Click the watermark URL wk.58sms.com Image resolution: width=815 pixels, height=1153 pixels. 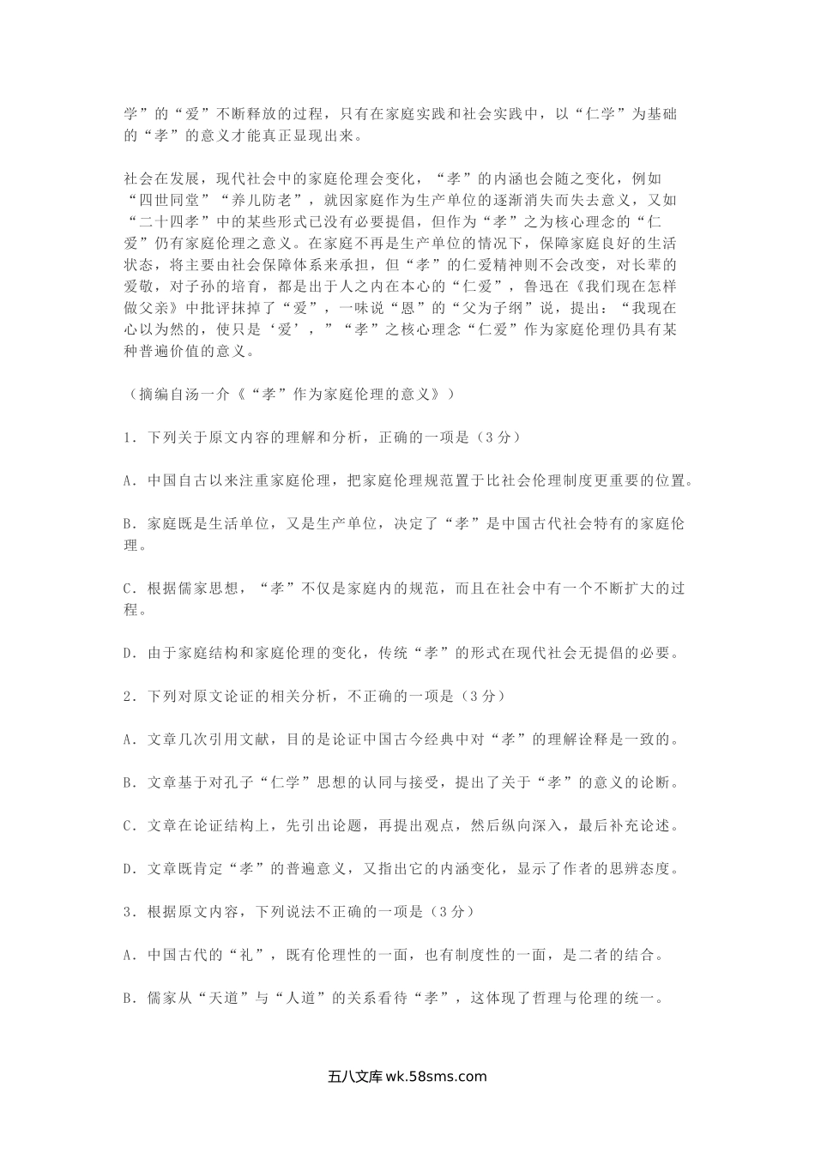click(437, 1078)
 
